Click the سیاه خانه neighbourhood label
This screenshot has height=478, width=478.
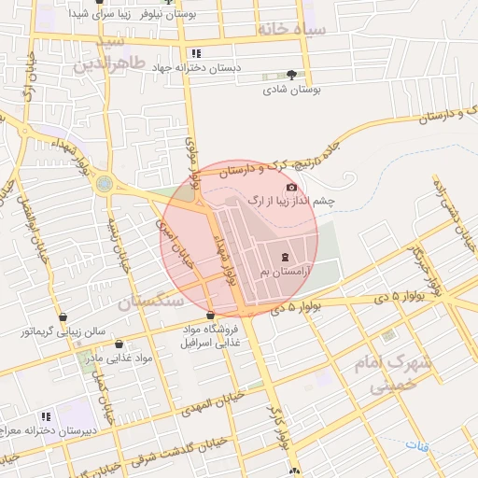[x=292, y=30]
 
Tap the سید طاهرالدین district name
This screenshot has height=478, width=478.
[x=111, y=55]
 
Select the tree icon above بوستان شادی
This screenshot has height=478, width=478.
[x=292, y=74]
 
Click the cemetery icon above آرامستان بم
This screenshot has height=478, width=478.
[x=285, y=256]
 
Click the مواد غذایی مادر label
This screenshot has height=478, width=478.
[x=118, y=358]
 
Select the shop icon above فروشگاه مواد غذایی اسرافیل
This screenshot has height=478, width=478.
[x=210, y=315]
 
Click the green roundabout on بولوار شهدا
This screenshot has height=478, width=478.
[x=104, y=184]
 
